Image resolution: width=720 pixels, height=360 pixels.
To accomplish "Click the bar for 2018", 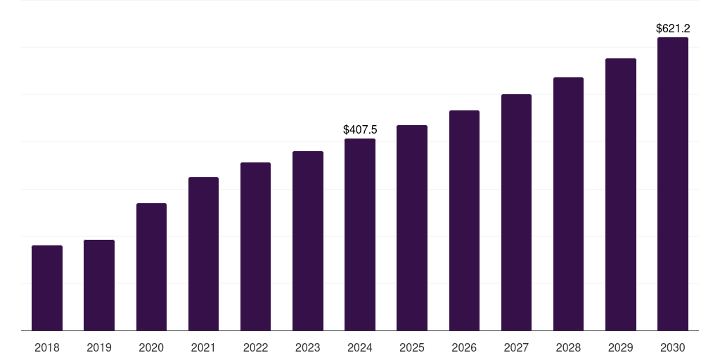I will point(47,288).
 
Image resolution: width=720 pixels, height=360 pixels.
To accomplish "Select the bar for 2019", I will point(99,285).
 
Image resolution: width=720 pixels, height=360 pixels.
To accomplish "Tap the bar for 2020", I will point(151,266).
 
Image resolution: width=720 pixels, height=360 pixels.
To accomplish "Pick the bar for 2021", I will point(203,254).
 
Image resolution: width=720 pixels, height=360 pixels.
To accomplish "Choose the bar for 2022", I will point(255,246).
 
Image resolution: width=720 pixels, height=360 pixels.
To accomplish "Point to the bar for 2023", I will point(308,240).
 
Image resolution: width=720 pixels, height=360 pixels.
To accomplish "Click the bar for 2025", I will point(412,228).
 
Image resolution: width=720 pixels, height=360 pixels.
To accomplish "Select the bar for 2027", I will point(516,212).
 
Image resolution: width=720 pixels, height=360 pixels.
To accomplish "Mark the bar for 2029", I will point(621,194).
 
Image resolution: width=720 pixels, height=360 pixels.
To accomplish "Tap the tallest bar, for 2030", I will point(673,184).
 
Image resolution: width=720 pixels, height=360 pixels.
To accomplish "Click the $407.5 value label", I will point(360,129).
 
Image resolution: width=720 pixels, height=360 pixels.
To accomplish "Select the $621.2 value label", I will point(673,29).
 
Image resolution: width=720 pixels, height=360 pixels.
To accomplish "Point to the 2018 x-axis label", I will point(47,347).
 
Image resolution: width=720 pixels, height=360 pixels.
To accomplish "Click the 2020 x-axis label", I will point(151,347).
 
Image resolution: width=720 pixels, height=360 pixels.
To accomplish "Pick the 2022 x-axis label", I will point(255,347).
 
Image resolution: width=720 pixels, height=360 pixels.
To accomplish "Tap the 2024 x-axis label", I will point(360,347).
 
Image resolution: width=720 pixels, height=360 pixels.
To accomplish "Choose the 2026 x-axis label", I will point(464,347).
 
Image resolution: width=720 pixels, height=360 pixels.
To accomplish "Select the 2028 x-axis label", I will point(568,347).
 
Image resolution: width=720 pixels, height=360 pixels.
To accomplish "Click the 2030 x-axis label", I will point(673,347).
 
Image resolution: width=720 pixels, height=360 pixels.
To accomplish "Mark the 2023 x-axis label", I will point(308,347).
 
